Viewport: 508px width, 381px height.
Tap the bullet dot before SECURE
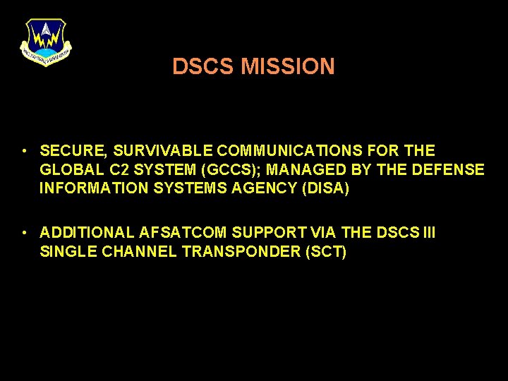pyautogui.click(x=24, y=151)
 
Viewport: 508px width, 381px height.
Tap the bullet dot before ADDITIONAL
pyautogui.click(x=24, y=233)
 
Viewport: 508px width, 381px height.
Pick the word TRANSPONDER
pyautogui.click(x=241, y=252)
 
